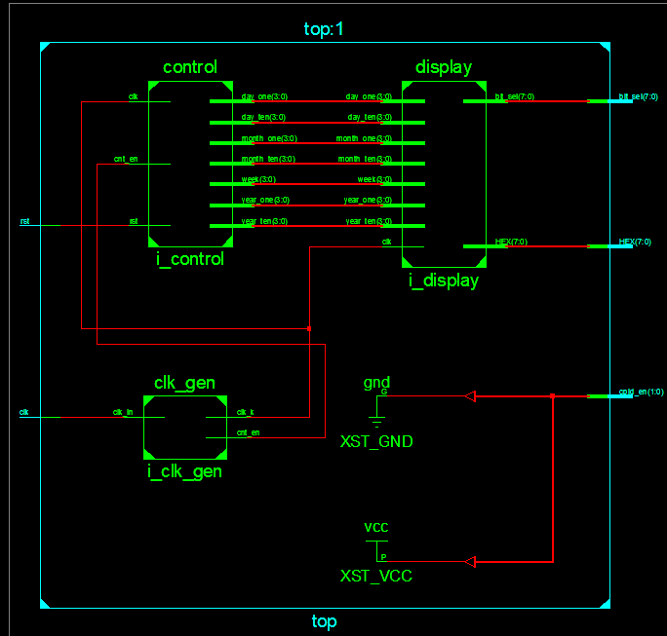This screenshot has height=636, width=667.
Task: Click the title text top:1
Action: click(324, 29)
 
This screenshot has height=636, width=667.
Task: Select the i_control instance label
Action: click(190, 259)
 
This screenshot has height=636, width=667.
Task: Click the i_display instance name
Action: click(444, 281)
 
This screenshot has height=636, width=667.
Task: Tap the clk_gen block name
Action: click(184, 382)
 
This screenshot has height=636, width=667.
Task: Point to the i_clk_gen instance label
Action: click(184, 471)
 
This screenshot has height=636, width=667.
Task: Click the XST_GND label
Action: click(376, 442)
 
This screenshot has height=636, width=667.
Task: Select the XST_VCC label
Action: click(376, 576)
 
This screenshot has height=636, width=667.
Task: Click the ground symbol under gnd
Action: click(376, 416)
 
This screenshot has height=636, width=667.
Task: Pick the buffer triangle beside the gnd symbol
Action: click(470, 396)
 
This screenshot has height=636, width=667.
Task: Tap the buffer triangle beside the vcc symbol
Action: click(470, 561)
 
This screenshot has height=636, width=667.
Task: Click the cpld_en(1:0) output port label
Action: click(641, 392)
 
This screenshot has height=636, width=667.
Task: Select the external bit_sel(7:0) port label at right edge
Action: click(638, 97)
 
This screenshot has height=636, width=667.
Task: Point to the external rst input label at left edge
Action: click(24, 222)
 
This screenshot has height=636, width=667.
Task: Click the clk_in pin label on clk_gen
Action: click(122, 412)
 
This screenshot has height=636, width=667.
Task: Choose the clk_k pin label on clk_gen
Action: click(246, 412)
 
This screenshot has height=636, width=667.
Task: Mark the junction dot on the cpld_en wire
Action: click(553, 396)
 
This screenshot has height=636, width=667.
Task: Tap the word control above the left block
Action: click(190, 67)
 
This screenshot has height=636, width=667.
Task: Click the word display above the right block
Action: click(444, 67)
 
